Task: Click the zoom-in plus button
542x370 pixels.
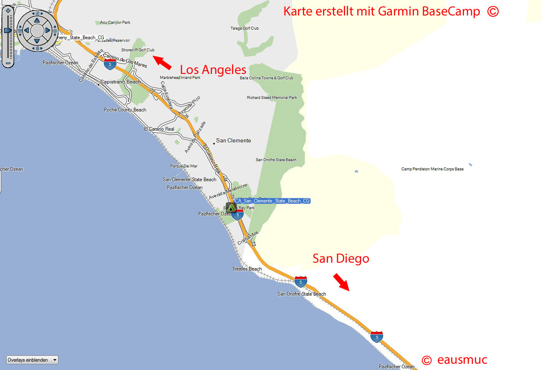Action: [8, 11]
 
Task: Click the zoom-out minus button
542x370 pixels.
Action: [8, 63]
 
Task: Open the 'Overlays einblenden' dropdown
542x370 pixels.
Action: [32, 360]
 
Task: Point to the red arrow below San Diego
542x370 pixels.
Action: [341, 282]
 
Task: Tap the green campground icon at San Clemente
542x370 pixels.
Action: [231, 207]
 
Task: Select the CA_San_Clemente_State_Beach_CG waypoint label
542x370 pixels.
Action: [272, 201]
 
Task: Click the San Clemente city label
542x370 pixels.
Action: [233, 141]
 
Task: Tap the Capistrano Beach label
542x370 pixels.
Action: [121, 82]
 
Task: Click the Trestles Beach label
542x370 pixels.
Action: [247, 269]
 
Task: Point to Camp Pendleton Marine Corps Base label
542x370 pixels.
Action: [432, 169]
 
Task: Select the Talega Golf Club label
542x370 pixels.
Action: [245, 28]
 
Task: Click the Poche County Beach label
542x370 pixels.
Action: [125, 110]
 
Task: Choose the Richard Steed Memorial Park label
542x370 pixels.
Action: [272, 98]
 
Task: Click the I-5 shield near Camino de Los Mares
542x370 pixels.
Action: [110, 64]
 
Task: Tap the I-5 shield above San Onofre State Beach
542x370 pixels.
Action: [300, 281]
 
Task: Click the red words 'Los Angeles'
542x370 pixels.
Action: [213, 69]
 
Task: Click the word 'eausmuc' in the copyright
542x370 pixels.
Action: [462, 360]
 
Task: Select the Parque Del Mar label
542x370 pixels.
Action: [184, 166]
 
